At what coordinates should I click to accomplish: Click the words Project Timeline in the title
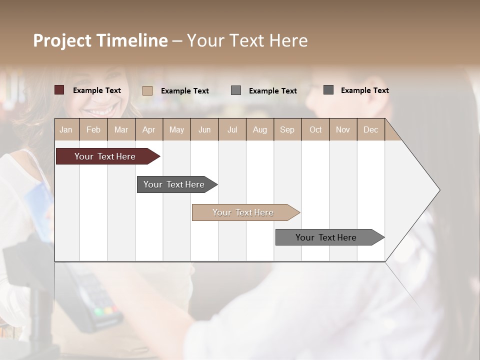tap(100, 40)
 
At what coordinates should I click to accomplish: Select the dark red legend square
tap(59, 90)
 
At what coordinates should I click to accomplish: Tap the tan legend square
tap(147, 90)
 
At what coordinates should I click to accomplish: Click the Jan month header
tap(66, 129)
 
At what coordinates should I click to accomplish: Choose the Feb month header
tap(93, 129)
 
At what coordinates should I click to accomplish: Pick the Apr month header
tap(149, 129)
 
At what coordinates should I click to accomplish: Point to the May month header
tap(176, 129)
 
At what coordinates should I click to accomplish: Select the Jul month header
tap(232, 129)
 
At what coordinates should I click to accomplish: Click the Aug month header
tap(260, 129)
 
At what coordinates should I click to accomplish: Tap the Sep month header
tap(287, 129)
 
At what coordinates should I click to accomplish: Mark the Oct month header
tap(315, 129)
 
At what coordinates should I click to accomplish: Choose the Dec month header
tap(370, 129)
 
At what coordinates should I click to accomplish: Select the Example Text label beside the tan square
tap(184, 90)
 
